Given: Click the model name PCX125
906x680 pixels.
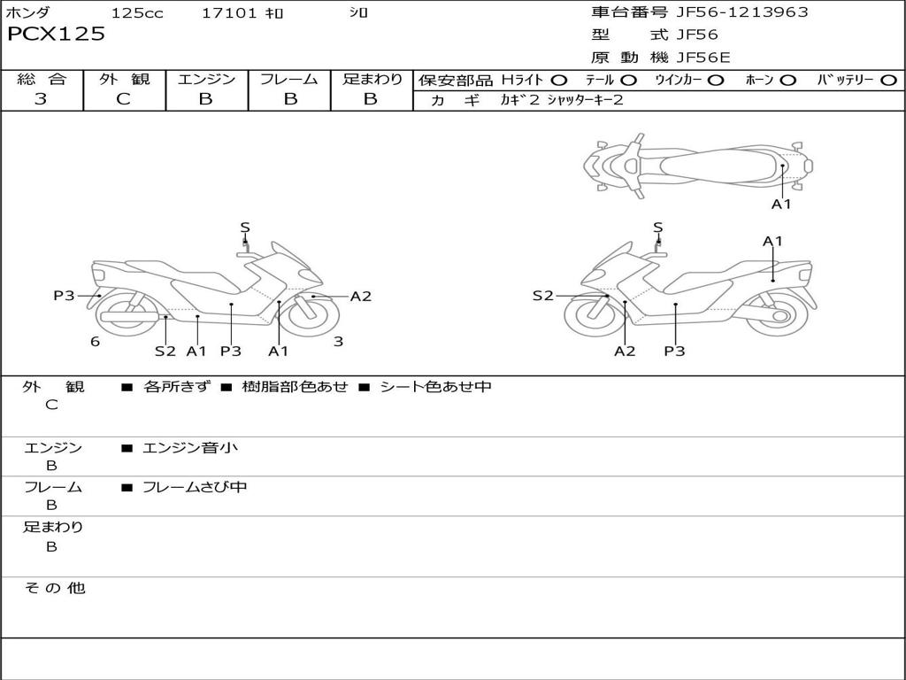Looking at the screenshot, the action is [56, 35].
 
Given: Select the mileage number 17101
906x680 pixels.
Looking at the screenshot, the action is [229, 13].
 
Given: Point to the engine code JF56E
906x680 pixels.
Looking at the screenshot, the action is [703, 58].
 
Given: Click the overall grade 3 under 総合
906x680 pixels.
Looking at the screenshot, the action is [41, 99].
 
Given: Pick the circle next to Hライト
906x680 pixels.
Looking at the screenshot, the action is [559, 81].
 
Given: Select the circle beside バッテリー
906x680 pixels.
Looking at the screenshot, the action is [888, 81].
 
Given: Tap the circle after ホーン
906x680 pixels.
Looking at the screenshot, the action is [787, 81].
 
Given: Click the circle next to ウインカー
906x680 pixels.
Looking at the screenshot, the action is [716, 81].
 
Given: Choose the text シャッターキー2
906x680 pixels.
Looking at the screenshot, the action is [585, 100].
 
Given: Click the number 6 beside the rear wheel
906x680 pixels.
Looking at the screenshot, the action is [95, 342].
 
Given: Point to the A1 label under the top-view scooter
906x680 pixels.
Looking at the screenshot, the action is [781, 205].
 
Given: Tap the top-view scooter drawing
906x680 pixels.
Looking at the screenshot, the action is [697, 165].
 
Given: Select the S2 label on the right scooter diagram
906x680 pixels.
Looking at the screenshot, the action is [542, 296].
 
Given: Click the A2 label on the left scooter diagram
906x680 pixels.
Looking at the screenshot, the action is [361, 297].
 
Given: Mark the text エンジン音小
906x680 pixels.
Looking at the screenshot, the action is [190, 448].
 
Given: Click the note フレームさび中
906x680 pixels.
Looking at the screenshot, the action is [195, 487].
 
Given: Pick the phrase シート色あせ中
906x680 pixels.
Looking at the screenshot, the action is [435, 387].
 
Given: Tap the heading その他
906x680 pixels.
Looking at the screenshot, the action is [54, 588].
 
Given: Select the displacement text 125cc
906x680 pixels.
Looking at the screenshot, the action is [137, 13].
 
